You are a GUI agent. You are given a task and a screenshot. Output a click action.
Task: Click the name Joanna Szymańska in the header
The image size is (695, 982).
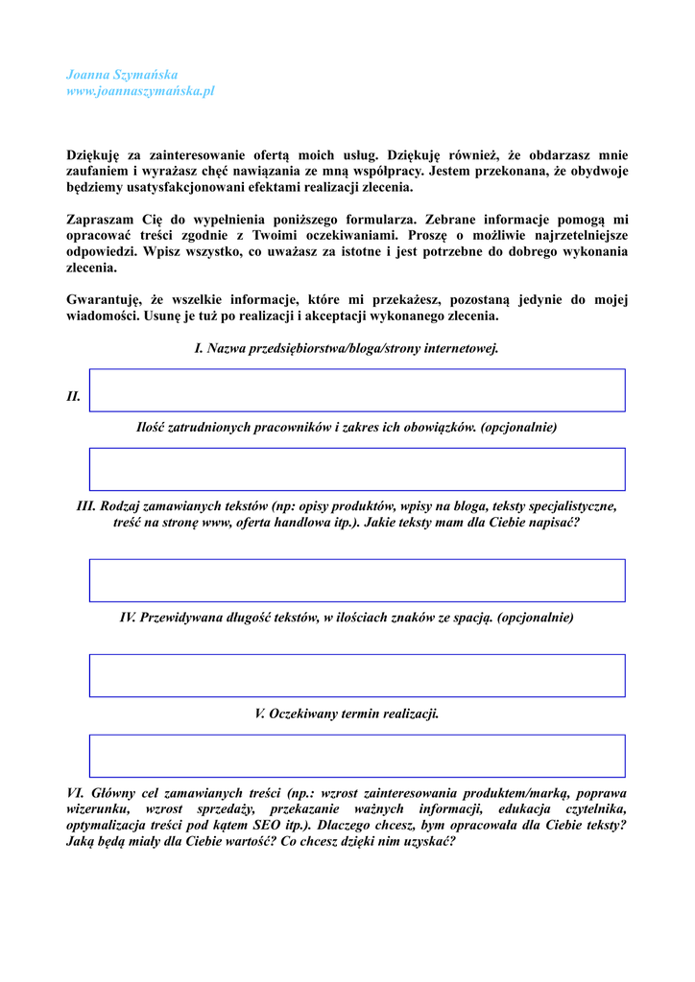[x=122, y=74]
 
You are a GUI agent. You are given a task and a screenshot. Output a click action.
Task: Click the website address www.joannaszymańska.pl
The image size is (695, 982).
[x=140, y=91]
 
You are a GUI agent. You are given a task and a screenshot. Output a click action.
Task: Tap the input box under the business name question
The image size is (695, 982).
[x=357, y=390]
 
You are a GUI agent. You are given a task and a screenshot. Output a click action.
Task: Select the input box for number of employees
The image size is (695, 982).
[x=357, y=469]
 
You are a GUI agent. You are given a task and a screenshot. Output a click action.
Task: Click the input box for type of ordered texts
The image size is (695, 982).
[x=357, y=580]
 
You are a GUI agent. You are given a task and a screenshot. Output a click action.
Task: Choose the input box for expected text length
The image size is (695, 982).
[x=357, y=675]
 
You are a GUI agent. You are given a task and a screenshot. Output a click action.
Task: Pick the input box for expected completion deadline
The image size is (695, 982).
[x=357, y=756]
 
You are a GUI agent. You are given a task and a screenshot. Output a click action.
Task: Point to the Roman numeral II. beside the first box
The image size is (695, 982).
[x=74, y=396]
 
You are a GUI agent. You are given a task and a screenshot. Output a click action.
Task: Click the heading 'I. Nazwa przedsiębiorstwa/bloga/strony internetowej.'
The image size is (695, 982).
[x=347, y=348]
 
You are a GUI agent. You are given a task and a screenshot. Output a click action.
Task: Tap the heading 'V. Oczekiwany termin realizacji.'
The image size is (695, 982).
[x=347, y=713]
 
